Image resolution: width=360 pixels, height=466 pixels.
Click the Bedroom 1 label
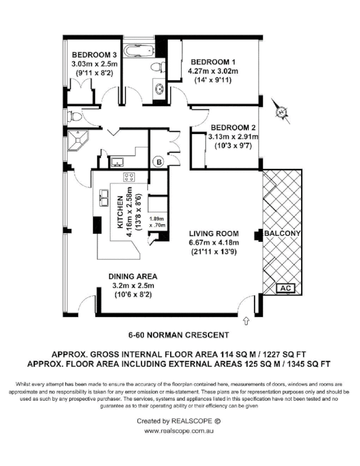click(x=213, y=62)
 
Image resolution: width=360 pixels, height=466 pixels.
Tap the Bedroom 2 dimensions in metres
click(x=233, y=137)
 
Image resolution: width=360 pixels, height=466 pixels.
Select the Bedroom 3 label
click(x=94, y=55)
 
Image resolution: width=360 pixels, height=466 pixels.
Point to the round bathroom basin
click(x=157, y=89)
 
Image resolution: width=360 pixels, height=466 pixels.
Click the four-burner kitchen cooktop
click(x=129, y=177)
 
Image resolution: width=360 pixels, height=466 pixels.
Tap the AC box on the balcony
click(x=286, y=288)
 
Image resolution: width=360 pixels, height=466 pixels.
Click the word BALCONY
click(x=283, y=234)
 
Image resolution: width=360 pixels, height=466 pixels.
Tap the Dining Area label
click(x=132, y=276)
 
